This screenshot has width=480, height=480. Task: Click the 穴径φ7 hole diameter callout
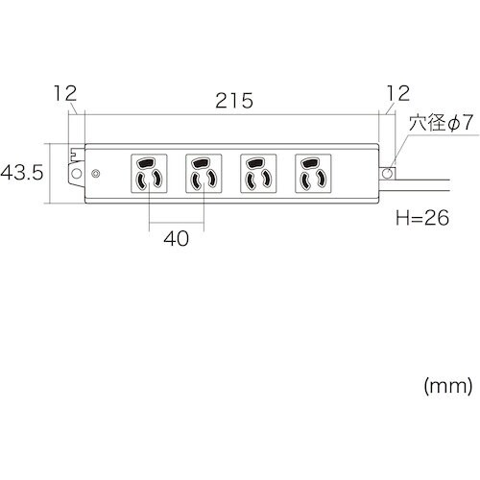coord(442,125)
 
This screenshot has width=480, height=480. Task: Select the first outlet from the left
coord(149,173)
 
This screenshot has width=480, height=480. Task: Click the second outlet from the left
coord(203,173)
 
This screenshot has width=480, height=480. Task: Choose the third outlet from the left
coord(256,173)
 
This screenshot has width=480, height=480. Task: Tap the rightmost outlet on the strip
coord(311,173)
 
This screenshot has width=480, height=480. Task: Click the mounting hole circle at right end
coord(388,174)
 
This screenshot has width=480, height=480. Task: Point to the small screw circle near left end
coord(95,175)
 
